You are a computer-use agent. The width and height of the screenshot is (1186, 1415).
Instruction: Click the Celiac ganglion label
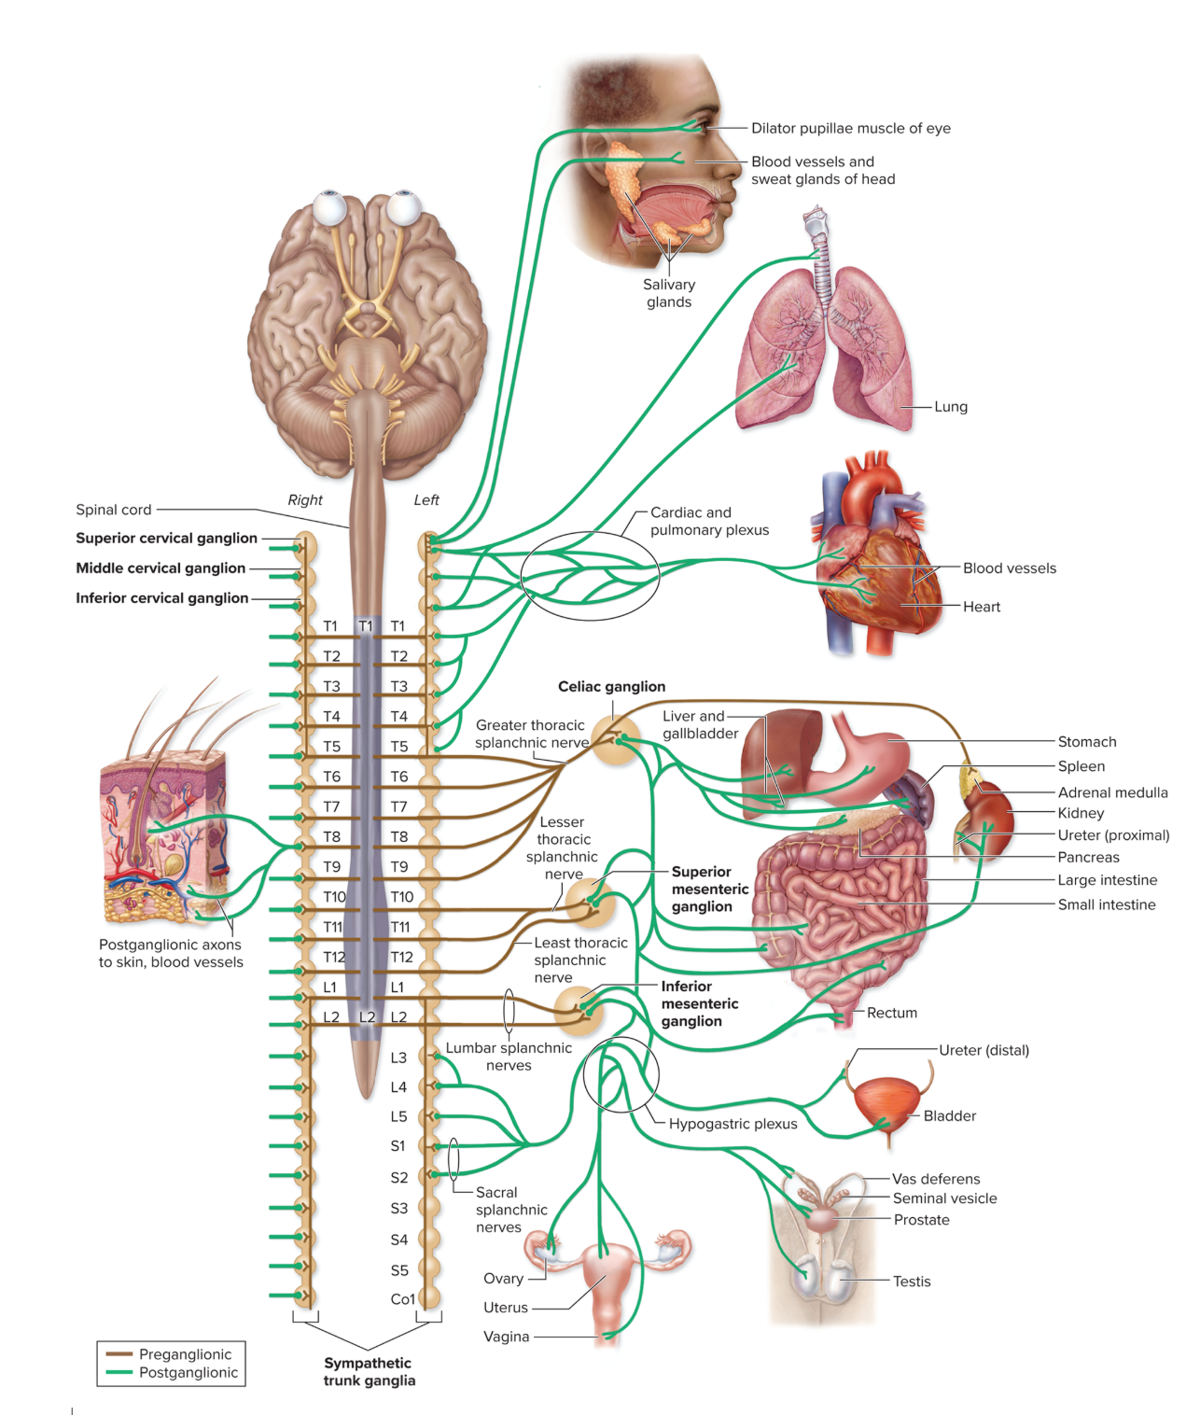[x=611, y=687]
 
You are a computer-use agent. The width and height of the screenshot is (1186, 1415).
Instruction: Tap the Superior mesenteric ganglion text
[x=709, y=889]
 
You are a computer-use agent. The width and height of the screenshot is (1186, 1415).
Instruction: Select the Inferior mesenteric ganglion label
[x=699, y=1003]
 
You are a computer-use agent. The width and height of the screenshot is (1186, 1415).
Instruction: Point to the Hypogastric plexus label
[x=733, y=1124]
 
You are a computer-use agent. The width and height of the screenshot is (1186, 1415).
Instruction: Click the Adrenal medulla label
[x=1112, y=792]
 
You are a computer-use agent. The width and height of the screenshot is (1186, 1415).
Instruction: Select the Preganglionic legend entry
[x=185, y=1354]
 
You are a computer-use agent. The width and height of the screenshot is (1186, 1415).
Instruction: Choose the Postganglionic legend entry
[x=188, y=1373]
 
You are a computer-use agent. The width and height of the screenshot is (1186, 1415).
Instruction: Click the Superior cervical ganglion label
[x=166, y=539]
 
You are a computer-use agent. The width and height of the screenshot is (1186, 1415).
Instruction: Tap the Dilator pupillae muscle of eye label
[x=851, y=129]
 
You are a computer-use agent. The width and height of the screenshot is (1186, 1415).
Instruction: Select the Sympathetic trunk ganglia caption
[x=369, y=1372]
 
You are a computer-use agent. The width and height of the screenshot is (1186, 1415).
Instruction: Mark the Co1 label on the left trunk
[x=402, y=1299]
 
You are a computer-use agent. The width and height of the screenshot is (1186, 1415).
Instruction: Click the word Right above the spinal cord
[x=305, y=500]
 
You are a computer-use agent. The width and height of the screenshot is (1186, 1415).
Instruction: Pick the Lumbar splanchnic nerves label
[x=509, y=1057]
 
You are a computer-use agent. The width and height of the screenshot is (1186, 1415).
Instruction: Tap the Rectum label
[x=891, y=1013]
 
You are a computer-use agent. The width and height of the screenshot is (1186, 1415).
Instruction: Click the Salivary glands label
[x=669, y=293]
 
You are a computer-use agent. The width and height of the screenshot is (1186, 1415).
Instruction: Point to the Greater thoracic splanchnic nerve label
[x=531, y=734]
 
